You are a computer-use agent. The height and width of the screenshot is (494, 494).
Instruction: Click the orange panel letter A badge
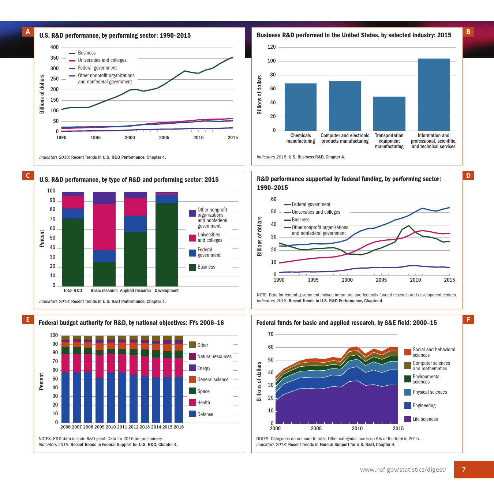(x=28, y=32)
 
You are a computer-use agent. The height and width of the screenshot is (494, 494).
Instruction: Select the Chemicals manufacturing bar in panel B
(x=300, y=107)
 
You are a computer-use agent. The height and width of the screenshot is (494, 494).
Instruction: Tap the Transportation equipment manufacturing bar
(x=389, y=113)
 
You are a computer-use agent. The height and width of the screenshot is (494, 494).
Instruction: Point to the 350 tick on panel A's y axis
(x=55, y=58)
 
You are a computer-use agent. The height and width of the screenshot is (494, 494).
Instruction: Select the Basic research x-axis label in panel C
(x=104, y=291)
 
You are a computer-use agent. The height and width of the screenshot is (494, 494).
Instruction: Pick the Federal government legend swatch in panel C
(x=192, y=253)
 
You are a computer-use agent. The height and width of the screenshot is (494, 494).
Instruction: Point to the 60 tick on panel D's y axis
(x=274, y=199)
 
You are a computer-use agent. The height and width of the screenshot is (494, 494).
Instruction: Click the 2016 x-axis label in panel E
(x=179, y=427)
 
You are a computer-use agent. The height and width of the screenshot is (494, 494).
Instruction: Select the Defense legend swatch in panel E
(x=192, y=414)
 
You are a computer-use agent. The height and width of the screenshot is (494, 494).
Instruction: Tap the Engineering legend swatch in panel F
(x=408, y=405)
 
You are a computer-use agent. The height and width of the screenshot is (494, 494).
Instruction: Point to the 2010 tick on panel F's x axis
(x=357, y=428)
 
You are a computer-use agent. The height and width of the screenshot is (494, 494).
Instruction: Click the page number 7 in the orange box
(x=464, y=469)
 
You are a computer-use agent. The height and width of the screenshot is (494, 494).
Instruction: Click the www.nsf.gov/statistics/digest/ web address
(x=403, y=469)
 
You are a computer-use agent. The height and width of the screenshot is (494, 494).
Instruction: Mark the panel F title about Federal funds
(x=347, y=323)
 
